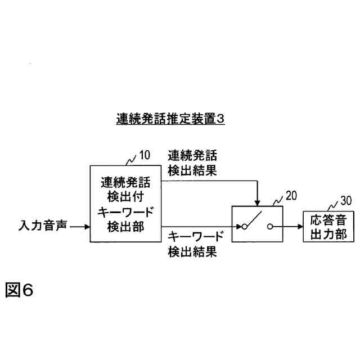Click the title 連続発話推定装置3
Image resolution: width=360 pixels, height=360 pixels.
tap(169, 120)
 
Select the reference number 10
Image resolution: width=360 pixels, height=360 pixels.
tap(145, 155)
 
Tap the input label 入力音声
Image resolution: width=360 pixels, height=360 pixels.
tap(42, 227)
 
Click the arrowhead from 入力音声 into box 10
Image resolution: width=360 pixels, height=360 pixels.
tap(86, 227)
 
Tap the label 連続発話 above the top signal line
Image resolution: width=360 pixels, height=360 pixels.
tap(192, 155)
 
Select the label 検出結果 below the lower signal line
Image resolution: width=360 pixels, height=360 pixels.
tap(192, 251)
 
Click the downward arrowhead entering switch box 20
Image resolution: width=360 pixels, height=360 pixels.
tap(258, 202)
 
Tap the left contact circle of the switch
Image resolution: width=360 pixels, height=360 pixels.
tap(245, 227)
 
